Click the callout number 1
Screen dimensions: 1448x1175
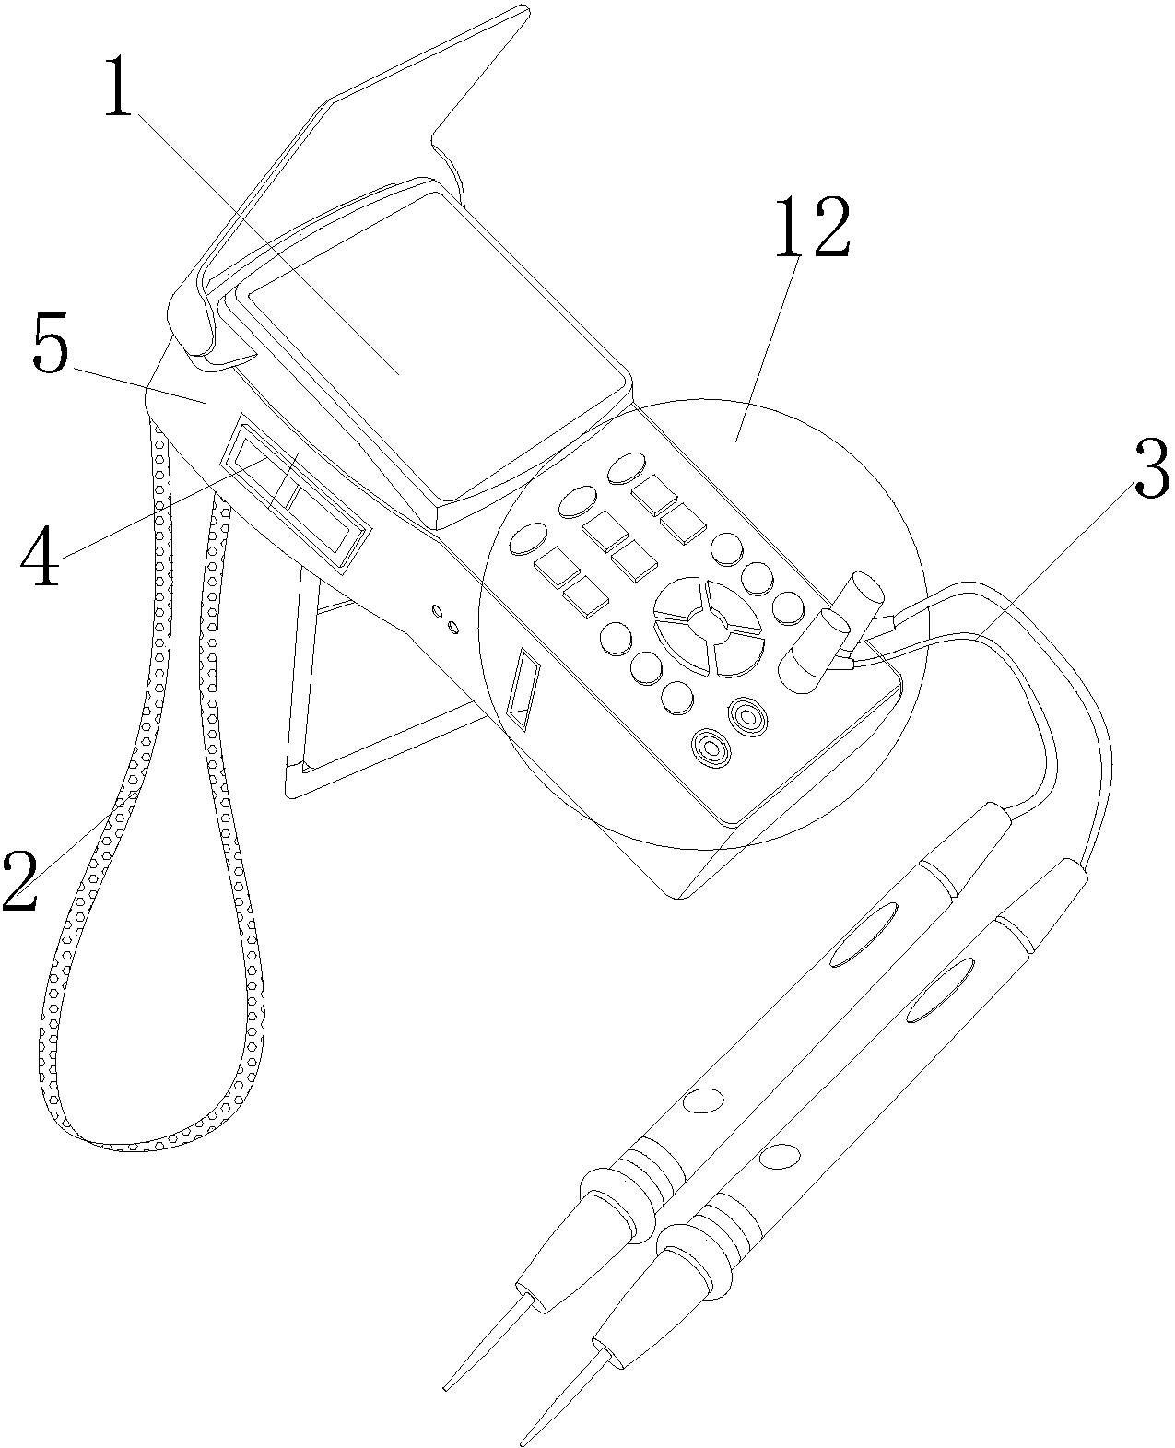click(117, 88)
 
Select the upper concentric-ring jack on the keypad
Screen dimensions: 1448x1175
click(745, 714)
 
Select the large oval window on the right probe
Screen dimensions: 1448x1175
click(941, 990)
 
